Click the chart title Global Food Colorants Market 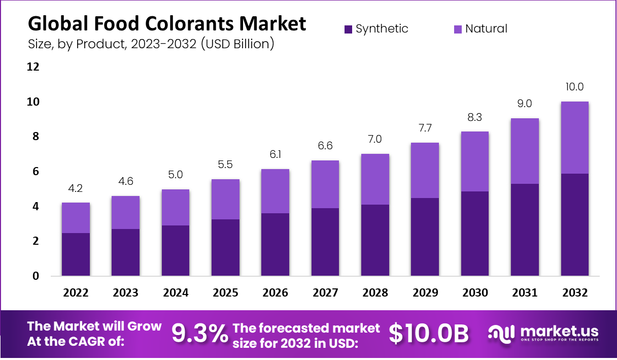click(167, 23)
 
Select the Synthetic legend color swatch click(348, 29)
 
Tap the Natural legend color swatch click(458, 29)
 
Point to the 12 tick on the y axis click(33, 67)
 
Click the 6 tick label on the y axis click(36, 172)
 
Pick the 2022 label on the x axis click(76, 293)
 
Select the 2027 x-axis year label click(325, 293)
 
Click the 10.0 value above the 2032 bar click(575, 86)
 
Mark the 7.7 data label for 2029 click(425, 127)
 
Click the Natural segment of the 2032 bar click(575, 138)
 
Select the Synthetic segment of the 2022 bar click(76, 254)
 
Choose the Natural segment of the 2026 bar click(276, 191)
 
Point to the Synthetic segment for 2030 click(475, 234)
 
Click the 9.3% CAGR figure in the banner click(199, 334)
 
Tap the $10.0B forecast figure click(429, 334)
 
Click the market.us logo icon click(501, 333)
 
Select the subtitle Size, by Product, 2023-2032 click(151, 44)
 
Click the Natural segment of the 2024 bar click(176, 207)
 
